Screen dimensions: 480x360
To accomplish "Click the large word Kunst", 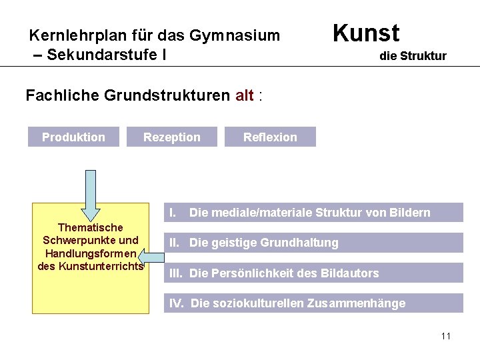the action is coord(365,33).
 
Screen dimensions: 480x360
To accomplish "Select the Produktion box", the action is coord(73,137).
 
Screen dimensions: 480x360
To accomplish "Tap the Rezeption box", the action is coord(171,137).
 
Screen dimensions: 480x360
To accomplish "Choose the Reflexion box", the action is coord(270,137).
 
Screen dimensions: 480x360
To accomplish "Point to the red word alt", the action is coord(245,95).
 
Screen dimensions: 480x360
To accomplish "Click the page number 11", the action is coord(446,336).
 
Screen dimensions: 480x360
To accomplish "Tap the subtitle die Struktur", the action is coord(413,56).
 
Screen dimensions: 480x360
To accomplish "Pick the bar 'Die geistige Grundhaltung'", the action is coord(313,243).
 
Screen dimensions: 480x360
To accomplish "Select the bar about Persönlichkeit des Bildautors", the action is coord(313,273).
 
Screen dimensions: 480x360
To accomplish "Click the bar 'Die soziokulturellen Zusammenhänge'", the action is coord(313,303).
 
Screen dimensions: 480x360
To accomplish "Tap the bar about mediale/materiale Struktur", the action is coord(313,213).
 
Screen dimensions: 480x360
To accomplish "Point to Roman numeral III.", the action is coord(177,273).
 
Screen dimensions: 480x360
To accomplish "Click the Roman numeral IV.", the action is coord(177,303).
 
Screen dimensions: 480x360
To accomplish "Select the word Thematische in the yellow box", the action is coord(90,228).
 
